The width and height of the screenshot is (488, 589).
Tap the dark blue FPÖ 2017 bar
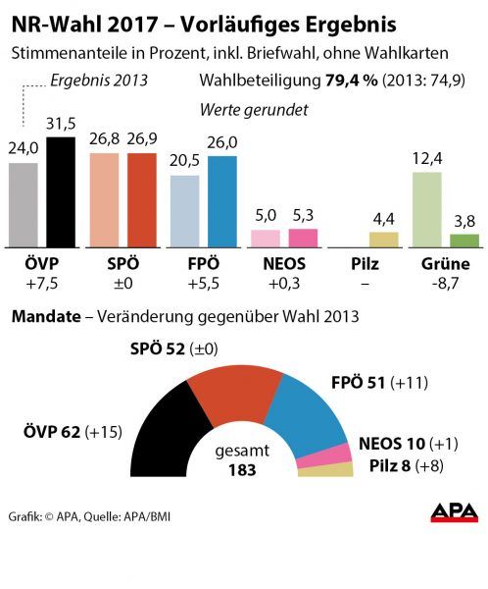tap(221, 201)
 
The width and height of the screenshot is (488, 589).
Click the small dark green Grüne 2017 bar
tap(464, 240)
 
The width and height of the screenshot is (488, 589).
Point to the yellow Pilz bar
tap(383, 239)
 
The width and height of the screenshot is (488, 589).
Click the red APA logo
tap(454, 513)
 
